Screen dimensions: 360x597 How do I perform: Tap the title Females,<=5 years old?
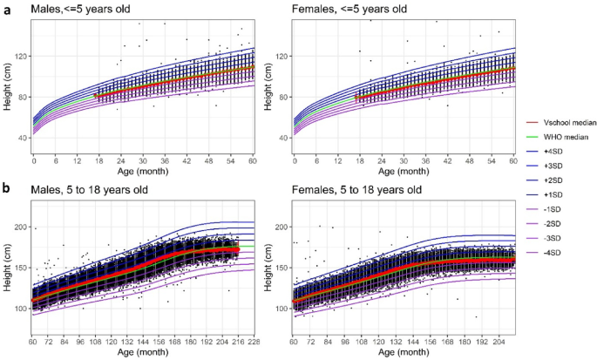tap(349, 8)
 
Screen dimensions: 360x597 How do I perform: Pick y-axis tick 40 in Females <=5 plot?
tap(284, 138)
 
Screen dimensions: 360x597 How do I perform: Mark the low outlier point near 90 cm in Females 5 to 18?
tap(476, 317)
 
